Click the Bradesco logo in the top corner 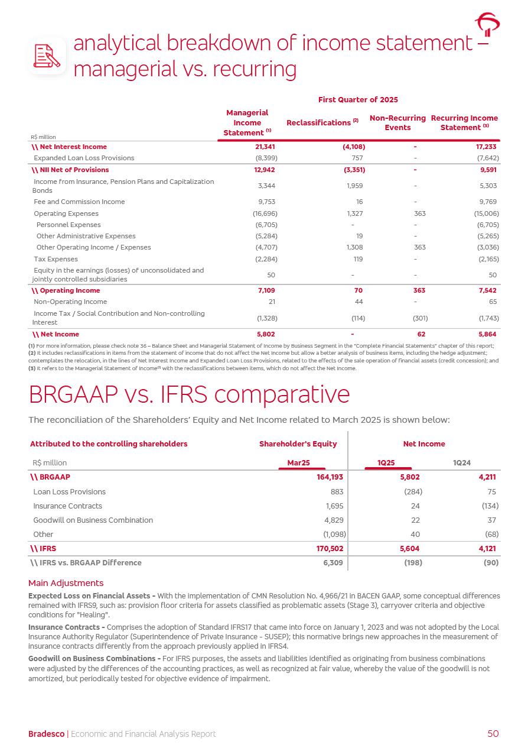487,24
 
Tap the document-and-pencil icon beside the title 47,56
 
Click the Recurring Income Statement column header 464,122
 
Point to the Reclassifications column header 322,122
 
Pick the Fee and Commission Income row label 79,202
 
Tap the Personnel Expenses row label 69,225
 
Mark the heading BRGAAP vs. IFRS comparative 189,394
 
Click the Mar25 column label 302,462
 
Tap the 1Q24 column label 462,462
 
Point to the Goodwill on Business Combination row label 93,520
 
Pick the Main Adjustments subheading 66,583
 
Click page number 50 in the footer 493,734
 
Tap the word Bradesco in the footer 47,734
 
